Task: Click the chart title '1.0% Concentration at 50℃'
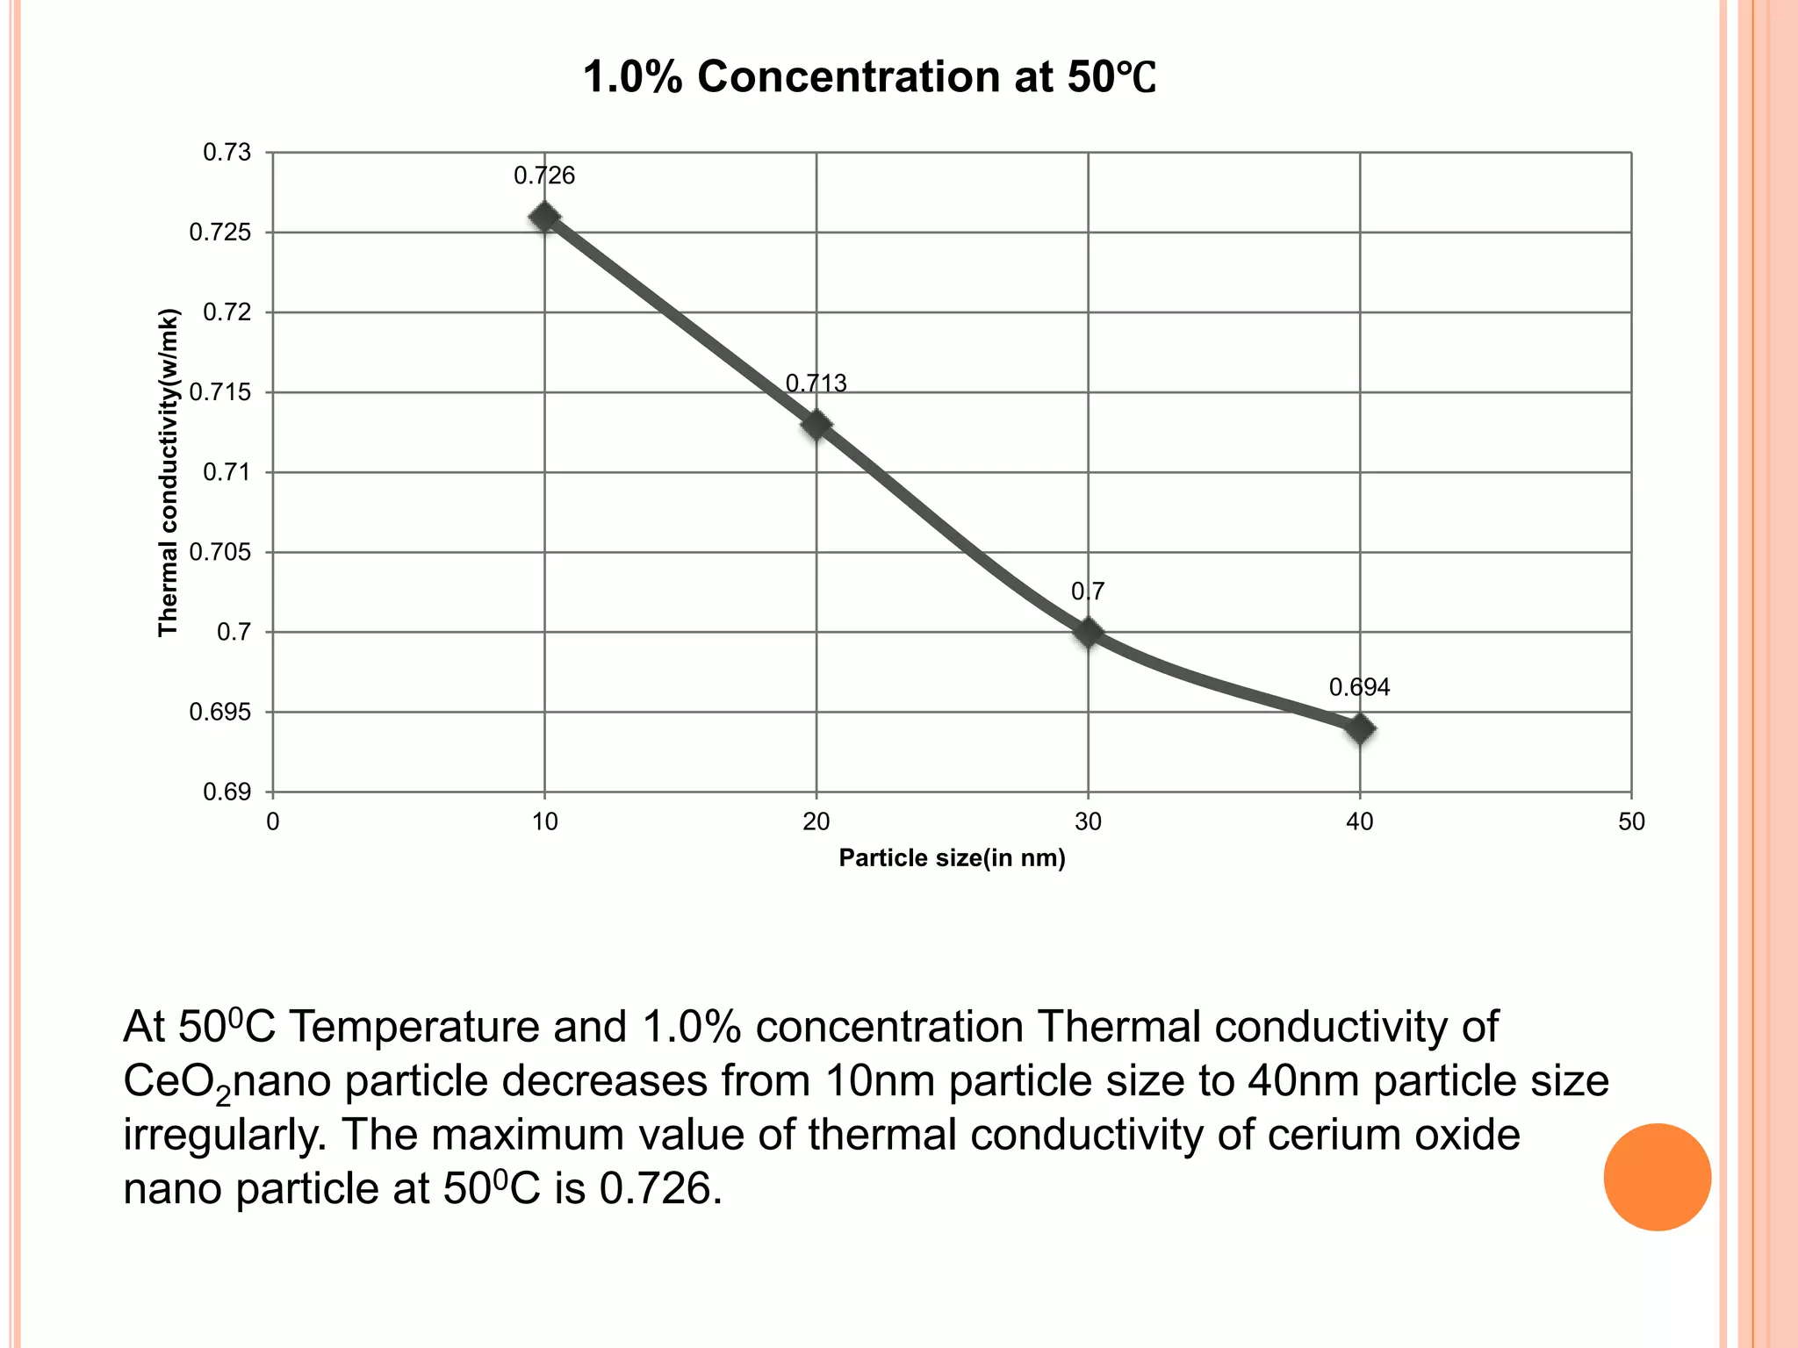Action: coord(869,77)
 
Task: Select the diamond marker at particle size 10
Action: coord(544,217)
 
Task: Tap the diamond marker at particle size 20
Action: coord(816,425)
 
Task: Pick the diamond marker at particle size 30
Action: coord(1088,632)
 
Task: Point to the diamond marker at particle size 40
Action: coord(1360,728)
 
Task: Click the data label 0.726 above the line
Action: coord(544,176)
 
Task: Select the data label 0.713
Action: coord(816,384)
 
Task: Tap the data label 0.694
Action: coord(1359,688)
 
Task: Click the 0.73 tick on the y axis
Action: coord(227,153)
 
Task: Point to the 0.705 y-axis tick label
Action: coord(220,552)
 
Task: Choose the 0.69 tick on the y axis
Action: coord(227,792)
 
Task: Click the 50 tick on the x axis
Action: coord(1631,822)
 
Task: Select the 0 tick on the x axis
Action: coord(273,822)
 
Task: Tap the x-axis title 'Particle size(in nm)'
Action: coord(952,858)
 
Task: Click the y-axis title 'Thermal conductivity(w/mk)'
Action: coord(168,472)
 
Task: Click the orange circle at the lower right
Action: coord(1657,1177)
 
